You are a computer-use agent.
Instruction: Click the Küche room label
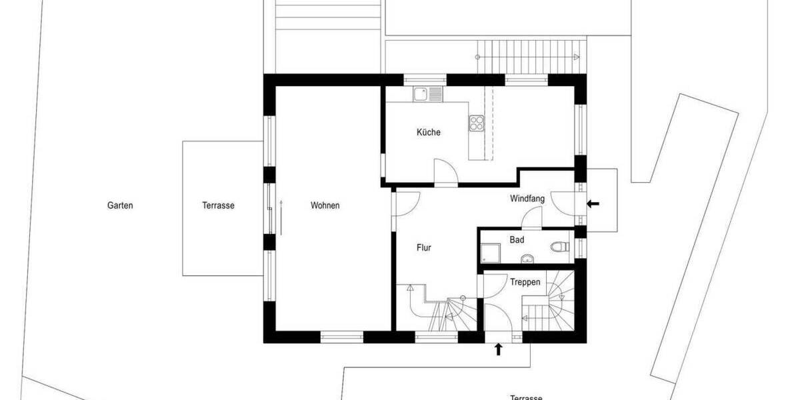428,132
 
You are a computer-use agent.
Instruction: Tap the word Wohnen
325,205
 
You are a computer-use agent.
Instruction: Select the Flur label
423,247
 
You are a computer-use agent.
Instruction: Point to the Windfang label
527,199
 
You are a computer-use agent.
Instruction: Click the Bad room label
517,239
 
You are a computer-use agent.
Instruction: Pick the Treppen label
525,282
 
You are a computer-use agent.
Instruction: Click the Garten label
120,205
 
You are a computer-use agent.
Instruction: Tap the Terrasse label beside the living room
218,206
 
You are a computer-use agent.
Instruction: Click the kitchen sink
427,94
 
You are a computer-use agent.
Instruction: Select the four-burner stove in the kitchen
477,122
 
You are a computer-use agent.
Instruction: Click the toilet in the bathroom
559,247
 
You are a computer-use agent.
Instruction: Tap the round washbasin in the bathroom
527,258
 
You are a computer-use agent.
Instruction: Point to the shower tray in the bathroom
491,251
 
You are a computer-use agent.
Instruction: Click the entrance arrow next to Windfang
592,203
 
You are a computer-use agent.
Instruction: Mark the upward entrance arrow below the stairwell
498,349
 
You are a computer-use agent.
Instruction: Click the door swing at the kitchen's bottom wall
445,170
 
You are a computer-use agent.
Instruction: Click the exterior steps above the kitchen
531,50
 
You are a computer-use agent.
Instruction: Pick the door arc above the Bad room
532,217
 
